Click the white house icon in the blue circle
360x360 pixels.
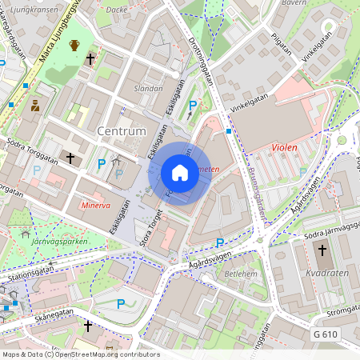point(180,173)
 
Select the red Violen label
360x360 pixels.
point(285,147)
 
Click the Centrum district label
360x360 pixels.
point(121,130)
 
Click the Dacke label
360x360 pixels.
point(116,10)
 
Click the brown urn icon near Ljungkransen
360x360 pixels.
point(74,46)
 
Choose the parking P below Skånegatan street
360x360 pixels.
point(121,303)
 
